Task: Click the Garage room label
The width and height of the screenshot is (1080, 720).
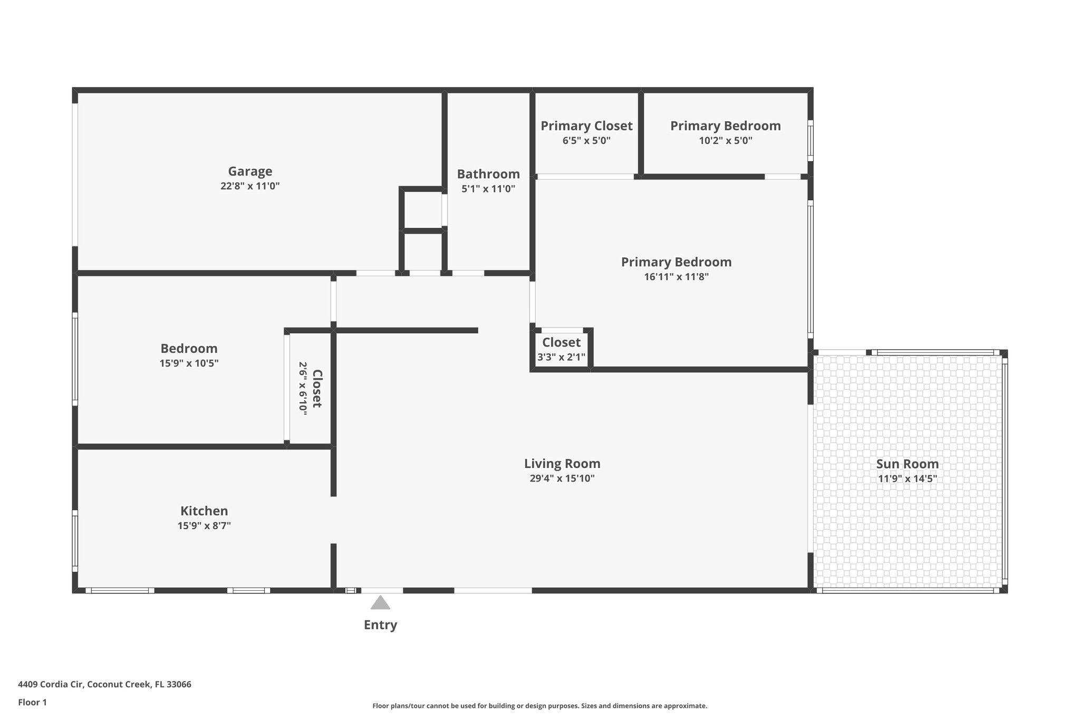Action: tap(250, 171)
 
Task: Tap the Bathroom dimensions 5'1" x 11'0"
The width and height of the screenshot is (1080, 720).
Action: tap(488, 189)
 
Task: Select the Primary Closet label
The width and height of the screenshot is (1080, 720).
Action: tap(586, 126)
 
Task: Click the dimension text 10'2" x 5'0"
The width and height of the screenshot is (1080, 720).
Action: tap(726, 141)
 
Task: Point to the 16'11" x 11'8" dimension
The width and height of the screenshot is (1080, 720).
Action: tap(676, 277)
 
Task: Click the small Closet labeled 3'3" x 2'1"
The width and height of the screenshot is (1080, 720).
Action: tap(561, 343)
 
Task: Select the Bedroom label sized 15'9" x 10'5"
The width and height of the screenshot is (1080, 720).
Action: tap(189, 349)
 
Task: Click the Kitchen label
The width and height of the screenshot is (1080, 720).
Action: tap(204, 511)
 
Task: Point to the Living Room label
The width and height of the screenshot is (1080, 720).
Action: tap(562, 464)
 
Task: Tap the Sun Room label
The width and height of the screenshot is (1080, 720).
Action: tap(907, 464)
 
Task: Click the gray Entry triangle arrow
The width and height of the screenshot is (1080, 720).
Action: tap(380, 603)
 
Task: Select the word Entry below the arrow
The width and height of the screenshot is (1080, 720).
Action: tap(380, 625)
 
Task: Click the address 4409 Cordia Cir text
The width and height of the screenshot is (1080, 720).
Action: tap(104, 685)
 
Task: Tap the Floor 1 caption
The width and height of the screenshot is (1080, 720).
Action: tap(32, 703)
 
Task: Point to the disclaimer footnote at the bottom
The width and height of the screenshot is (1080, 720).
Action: tap(539, 706)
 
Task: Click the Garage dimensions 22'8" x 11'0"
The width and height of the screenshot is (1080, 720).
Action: tap(250, 186)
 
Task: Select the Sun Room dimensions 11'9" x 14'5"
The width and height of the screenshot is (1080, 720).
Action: tap(907, 479)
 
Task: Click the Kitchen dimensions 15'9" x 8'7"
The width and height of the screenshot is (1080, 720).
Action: tap(204, 526)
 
